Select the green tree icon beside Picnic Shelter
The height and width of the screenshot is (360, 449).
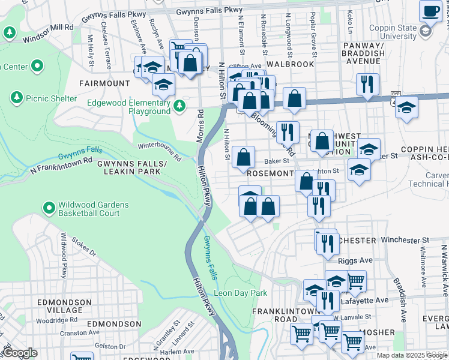[x=16, y=97]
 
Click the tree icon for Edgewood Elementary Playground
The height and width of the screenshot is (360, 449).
[x=179, y=106]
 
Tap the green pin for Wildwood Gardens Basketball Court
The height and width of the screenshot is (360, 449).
[x=49, y=208]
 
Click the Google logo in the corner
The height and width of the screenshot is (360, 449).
[x=19, y=352]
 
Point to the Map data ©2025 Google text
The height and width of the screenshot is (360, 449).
[x=412, y=355]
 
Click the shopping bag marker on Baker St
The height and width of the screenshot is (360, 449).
[x=243, y=158]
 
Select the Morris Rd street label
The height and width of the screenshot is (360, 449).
[x=200, y=127]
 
